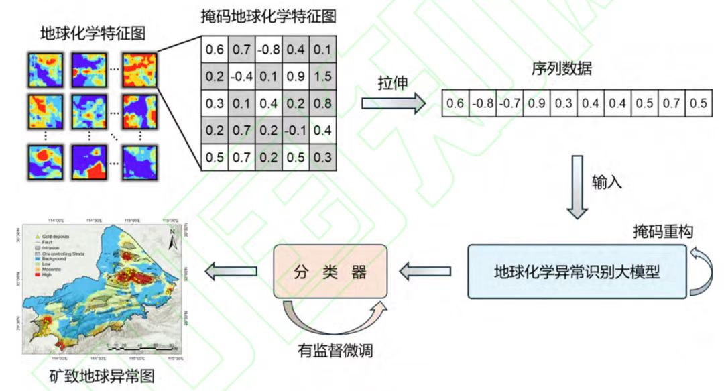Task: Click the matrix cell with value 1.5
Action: point(322,76)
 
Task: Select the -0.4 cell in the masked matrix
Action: point(241,76)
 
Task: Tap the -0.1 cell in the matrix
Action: point(295,130)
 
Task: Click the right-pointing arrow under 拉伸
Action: point(394,103)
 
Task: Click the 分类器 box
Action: point(331,272)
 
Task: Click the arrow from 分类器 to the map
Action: point(231,272)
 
